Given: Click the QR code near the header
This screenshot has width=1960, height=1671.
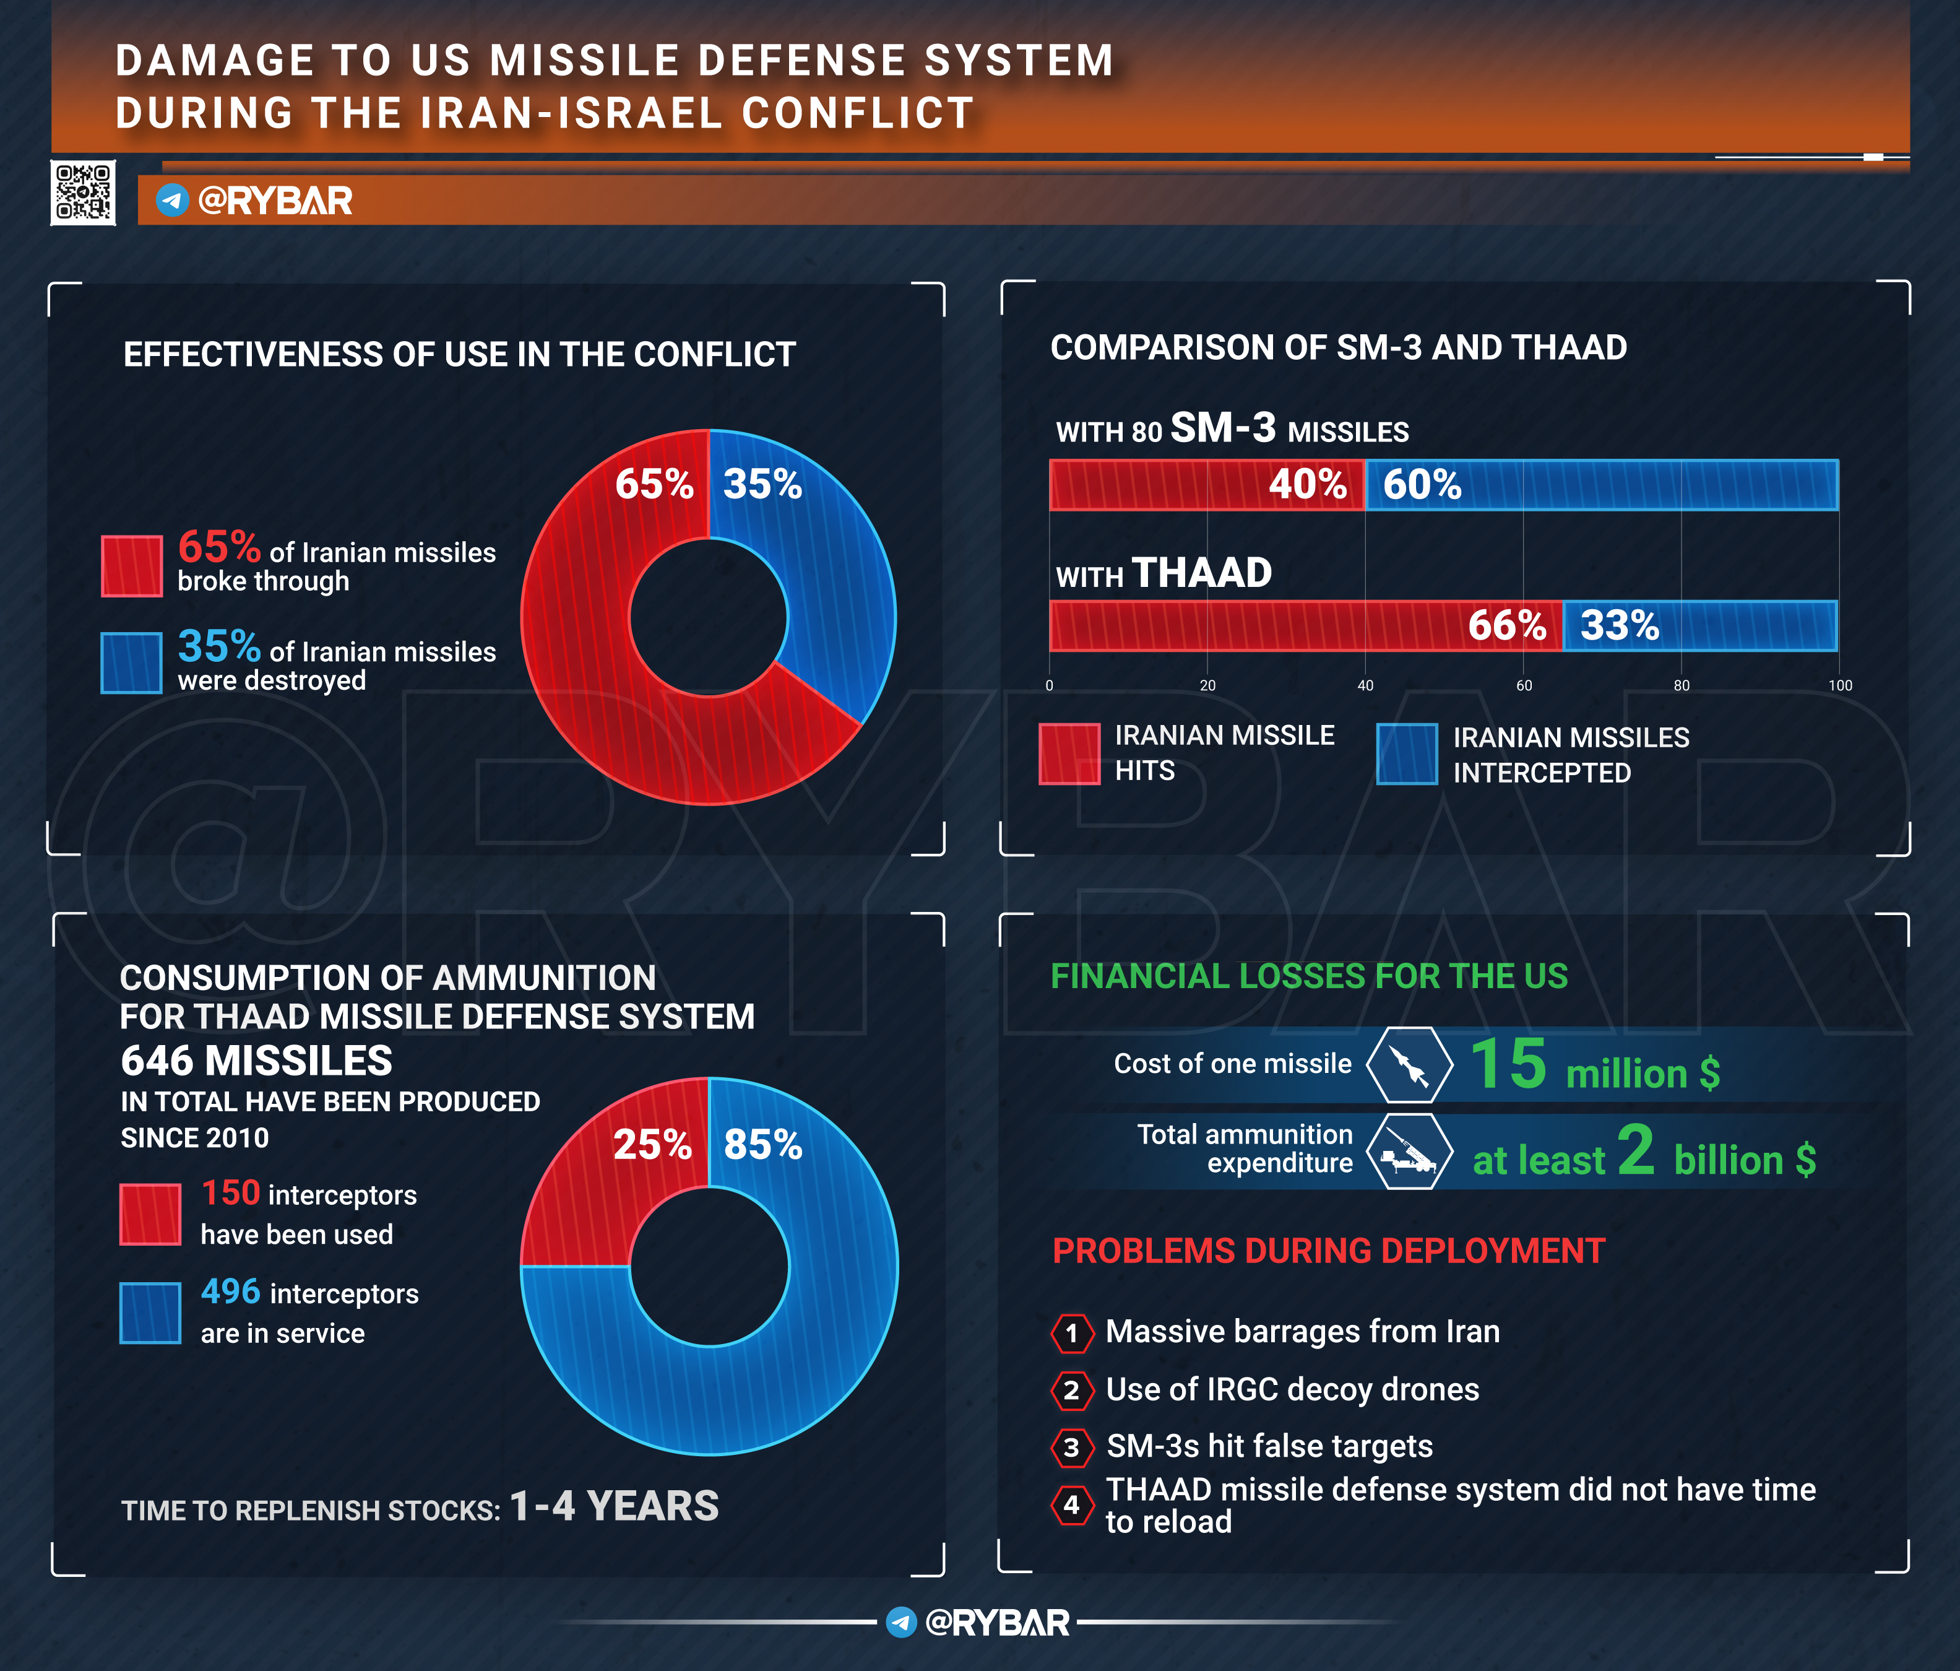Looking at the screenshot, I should (x=84, y=193).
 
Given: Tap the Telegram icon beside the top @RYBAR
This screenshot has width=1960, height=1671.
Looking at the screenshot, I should (x=172, y=201).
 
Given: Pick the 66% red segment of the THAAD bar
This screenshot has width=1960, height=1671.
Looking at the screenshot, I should (x=1305, y=625).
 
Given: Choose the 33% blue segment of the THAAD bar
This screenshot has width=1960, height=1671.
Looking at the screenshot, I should (x=1700, y=625).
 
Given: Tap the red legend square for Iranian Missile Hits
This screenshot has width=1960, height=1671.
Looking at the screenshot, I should (x=1069, y=754).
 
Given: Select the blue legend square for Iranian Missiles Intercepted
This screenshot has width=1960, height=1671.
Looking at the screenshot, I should (x=1407, y=754).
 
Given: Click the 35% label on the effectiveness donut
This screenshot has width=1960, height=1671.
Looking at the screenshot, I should (x=762, y=484).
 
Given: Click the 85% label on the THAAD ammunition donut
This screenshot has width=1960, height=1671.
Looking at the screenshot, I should (x=762, y=1145).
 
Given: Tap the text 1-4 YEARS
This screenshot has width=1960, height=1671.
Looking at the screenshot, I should (x=614, y=1506).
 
